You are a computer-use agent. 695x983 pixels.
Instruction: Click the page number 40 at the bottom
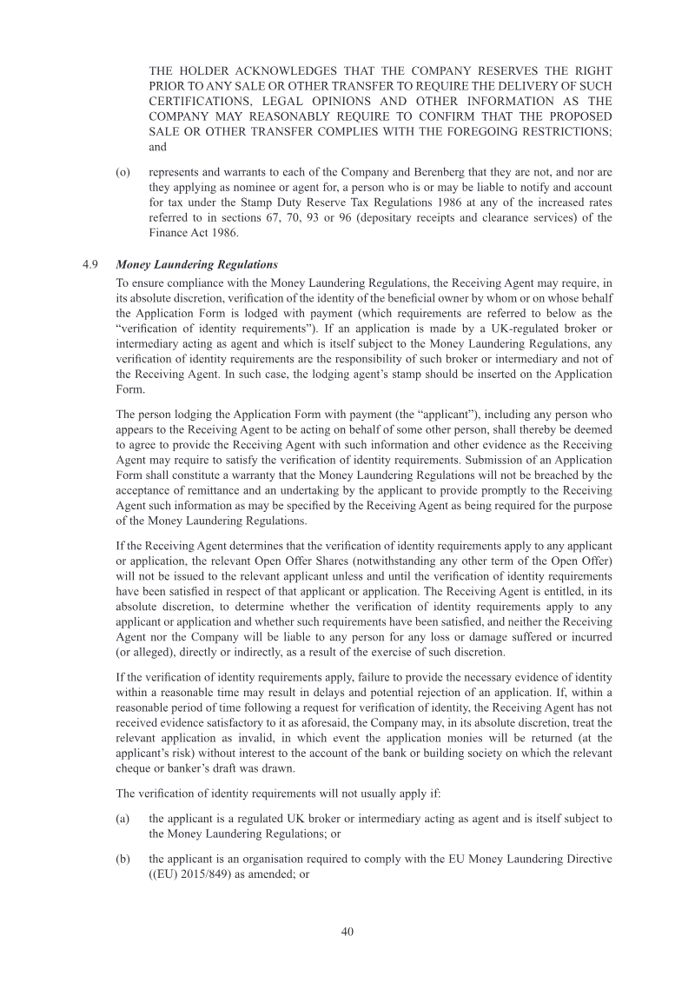click(x=347, y=931)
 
